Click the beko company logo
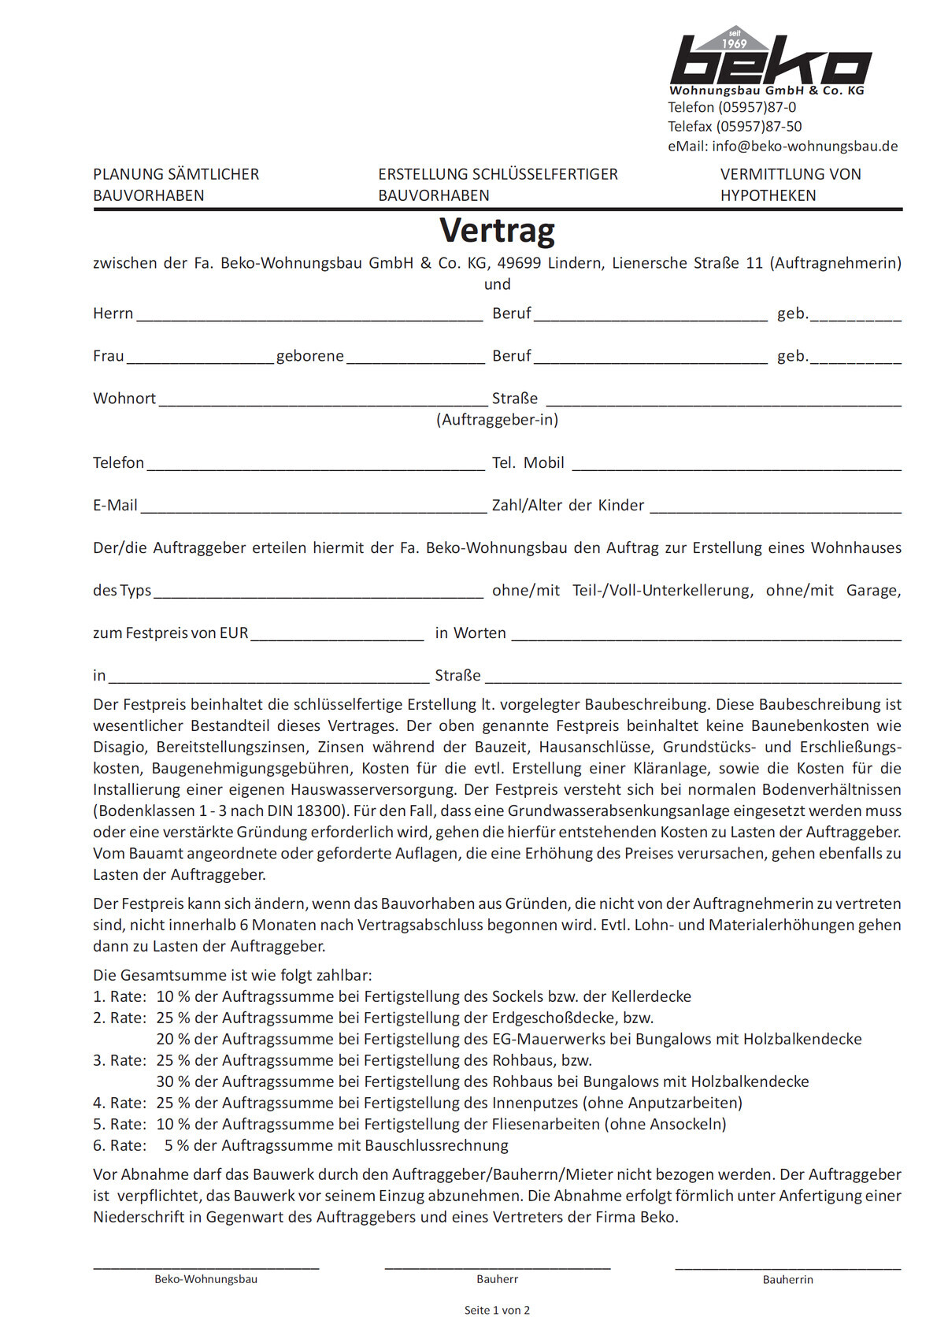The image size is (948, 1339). [x=769, y=60]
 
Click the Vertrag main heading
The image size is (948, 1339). [x=497, y=230]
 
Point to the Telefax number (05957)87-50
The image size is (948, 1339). [x=759, y=127]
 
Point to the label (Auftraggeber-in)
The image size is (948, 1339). [x=497, y=420]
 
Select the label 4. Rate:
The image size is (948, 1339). [x=120, y=1103]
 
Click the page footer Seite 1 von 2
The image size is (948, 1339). [x=497, y=1311]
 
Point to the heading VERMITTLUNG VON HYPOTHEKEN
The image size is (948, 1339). [x=790, y=185]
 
